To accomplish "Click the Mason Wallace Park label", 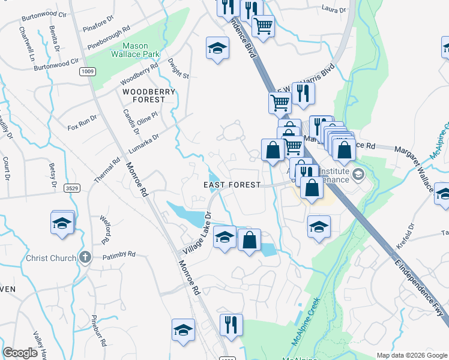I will pyautogui.click(x=135, y=50).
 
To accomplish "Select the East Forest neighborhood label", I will pyautogui.click(x=232, y=185).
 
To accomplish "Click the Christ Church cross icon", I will pyautogui.click(x=85, y=258).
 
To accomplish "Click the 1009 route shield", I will pyautogui.click(x=88, y=71).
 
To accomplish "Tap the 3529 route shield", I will pyautogui.click(x=72, y=188).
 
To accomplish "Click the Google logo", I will pyautogui.click(x=20, y=353).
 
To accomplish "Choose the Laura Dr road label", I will pyautogui.click(x=334, y=10).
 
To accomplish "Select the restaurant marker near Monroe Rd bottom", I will pyautogui.click(x=231, y=325).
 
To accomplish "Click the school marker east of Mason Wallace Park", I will pyautogui.click(x=217, y=48).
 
